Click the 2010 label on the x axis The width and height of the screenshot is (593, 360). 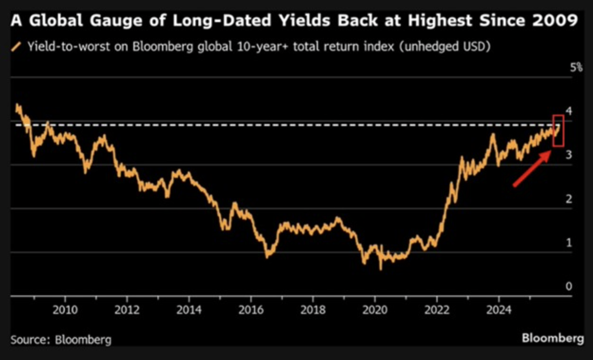[x=65, y=310]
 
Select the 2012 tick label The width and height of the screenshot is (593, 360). [x=127, y=310]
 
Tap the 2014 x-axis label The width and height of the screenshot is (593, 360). [x=189, y=310]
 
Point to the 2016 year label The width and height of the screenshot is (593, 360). [x=251, y=310]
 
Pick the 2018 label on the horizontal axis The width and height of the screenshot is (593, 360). [x=313, y=310]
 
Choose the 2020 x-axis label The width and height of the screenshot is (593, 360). [x=375, y=310]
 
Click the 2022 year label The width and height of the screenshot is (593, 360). [x=437, y=310]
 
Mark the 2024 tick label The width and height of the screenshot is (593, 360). [x=499, y=310]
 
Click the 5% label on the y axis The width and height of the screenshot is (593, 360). [x=576, y=68]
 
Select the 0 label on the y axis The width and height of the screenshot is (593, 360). [x=569, y=286]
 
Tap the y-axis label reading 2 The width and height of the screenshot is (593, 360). [x=569, y=199]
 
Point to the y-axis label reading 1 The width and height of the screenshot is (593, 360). [x=569, y=242]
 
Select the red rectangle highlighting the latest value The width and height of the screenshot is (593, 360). [x=558, y=130]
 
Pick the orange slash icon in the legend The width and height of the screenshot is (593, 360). [x=16, y=47]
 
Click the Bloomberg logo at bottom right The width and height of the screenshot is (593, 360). [x=552, y=338]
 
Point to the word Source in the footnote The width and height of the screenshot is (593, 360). [x=30, y=340]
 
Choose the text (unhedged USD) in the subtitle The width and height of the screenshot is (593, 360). [x=445, y=47]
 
